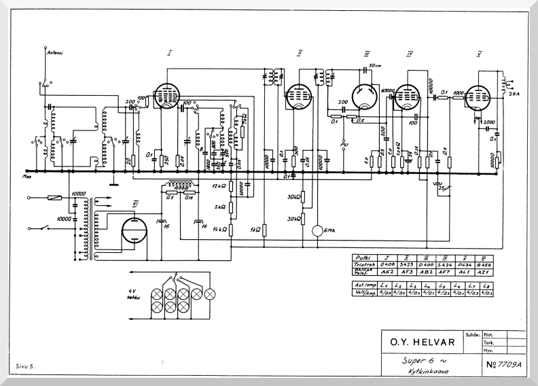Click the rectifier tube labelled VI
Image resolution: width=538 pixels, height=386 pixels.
(134, 232)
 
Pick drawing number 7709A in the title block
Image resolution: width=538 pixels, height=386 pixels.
(503, 364)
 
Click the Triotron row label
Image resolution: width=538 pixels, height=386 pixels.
(364, 264)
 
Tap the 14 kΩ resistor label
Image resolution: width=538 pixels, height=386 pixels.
(218, 230)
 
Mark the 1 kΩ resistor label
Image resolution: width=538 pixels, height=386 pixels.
(256, 230)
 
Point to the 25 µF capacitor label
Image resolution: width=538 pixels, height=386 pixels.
(445, 188)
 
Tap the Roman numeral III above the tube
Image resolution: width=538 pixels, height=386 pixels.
(366, 53)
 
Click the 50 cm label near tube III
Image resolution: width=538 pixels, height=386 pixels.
(374, 65)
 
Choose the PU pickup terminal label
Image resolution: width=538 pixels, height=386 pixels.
(344, 145)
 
